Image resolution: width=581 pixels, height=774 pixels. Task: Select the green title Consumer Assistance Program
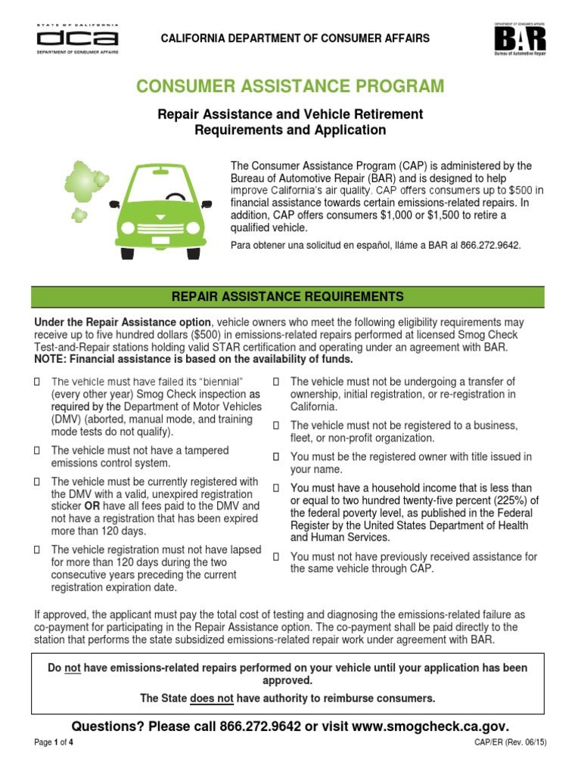point(290,86)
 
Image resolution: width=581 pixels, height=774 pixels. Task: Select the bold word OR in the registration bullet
point(95,506)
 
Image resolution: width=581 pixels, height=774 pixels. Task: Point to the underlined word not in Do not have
point(73,668)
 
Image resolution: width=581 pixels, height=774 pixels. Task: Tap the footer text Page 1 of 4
point(54,743)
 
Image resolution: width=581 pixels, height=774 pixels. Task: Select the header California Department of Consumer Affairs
point(293,38)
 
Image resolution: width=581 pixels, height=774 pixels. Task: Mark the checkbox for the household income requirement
point(276,488)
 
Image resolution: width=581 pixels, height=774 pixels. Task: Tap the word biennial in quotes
point(216,381)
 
